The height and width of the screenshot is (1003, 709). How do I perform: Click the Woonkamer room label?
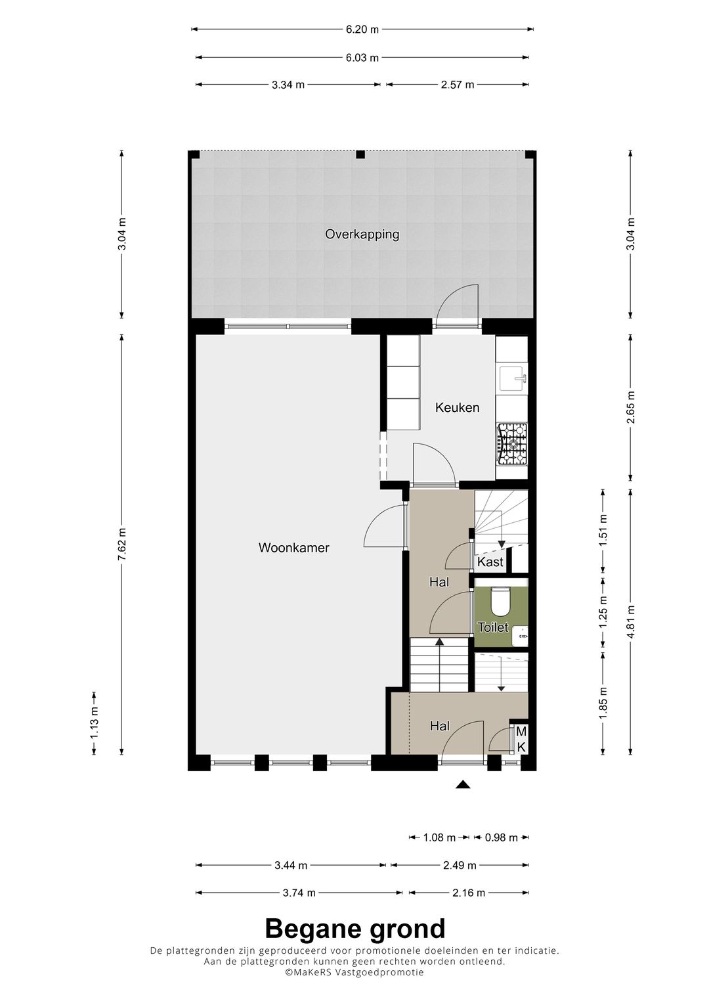293,548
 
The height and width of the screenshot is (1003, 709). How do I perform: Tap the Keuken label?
457,407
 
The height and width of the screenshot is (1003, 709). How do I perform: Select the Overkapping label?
362,234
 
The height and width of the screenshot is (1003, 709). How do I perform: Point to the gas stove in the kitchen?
511,444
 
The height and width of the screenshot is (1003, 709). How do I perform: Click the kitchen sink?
513,379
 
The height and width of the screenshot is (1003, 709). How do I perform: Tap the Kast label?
490,562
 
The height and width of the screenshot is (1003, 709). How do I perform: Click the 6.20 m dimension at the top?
362,30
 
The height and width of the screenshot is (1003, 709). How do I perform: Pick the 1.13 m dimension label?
94,724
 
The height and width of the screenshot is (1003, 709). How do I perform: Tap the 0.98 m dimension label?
502,837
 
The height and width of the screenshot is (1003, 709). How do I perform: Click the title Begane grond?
355,929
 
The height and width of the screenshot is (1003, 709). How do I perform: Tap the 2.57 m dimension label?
457,85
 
